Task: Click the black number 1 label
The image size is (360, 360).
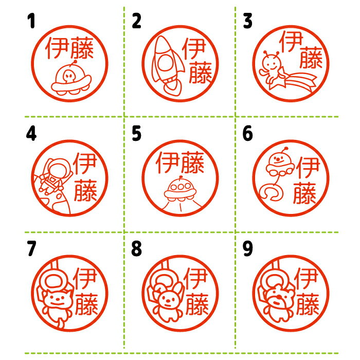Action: [x=31, y=21]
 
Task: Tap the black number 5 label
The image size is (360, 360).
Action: [x=136, y=133]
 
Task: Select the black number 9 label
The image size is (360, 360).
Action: [x=248, y=248]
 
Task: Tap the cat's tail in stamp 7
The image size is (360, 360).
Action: [x=61, y=323]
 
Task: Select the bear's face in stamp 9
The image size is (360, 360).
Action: [x=279, y=298]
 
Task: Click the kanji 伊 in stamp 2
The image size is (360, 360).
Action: [x=193, y=48]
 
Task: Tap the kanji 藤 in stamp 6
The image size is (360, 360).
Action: [x=304, y=192]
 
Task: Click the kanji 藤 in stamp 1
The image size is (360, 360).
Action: [x=82, y=48]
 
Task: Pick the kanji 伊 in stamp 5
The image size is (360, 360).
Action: [x=168, y=163]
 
